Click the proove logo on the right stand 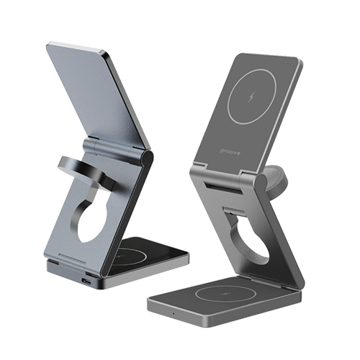click(x=230, y=152)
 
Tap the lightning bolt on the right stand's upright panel click(x=251, y=96)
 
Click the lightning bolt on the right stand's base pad click(x=225, y=293)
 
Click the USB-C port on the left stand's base click(x=87, y=281)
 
